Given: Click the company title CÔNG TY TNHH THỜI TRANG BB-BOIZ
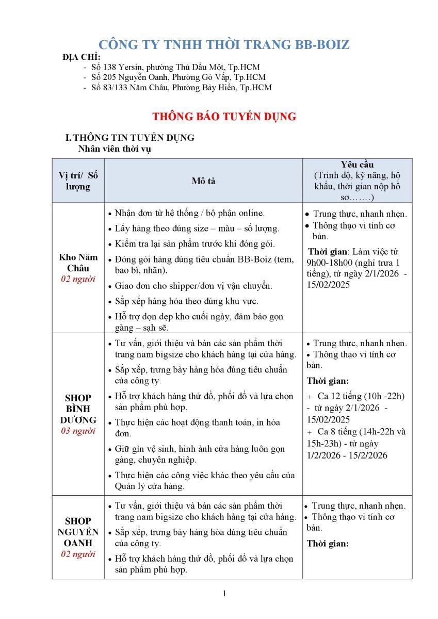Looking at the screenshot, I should (x=224, y=45).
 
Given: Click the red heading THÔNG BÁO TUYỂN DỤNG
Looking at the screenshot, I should (x=224, y=117).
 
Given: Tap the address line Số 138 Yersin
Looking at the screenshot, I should (x=175, y=67).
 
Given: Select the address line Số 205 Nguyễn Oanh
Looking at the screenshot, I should (x=179, y=77).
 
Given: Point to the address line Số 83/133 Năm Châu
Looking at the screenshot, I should (x=181, y=87).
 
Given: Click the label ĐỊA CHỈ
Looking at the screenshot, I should (x=82, y=57).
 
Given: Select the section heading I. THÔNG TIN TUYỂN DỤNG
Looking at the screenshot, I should (x=129, y=138).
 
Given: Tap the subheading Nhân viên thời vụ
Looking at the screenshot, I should (x=115, y=149).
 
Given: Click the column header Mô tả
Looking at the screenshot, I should (x=203, y=181).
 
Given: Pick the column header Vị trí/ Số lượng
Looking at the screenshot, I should (x=78, y=181).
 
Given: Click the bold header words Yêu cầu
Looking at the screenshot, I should (x=357, y=165).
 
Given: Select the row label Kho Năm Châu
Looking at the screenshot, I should (x=78, y=263).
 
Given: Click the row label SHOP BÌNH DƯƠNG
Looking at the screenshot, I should (x=78, y=409).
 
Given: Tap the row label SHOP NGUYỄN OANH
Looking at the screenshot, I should (x=78, y=532).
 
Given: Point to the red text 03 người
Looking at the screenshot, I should (x=78, y=431).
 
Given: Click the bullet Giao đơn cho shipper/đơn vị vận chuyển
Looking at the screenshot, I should (x=193, y=286).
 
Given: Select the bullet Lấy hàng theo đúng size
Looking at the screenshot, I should (x=197, y=229).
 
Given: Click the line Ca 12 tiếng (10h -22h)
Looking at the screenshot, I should (x=361, y=396).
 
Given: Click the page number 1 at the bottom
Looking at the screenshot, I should (x=224, y=593).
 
